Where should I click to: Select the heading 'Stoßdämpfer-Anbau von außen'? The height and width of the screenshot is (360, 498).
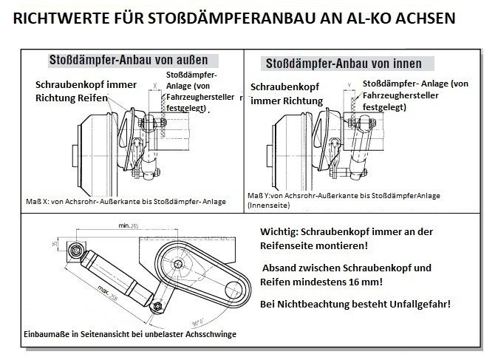tap(128, 59)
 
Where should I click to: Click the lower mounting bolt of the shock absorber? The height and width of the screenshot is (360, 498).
tap(156, 305)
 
